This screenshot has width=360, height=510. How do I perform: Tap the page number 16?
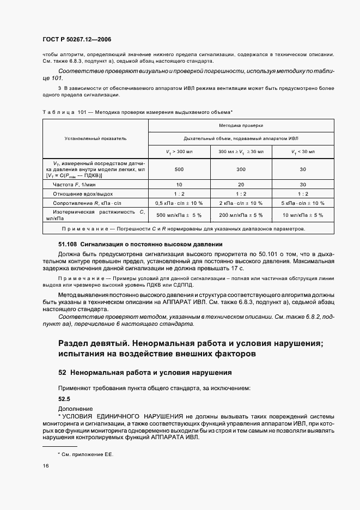pos(45,466)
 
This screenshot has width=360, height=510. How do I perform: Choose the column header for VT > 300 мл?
pos(179,151)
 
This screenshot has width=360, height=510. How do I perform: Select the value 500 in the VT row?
pos(179,169)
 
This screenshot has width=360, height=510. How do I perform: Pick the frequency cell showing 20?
pos(241,184)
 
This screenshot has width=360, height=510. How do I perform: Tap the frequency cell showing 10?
pos(179,184)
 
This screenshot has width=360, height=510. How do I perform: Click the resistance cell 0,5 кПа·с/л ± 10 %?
pos(179,203)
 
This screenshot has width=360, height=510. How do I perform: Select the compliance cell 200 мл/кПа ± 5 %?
pos(241,215)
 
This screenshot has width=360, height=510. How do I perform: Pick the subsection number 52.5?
pos(65,398)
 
